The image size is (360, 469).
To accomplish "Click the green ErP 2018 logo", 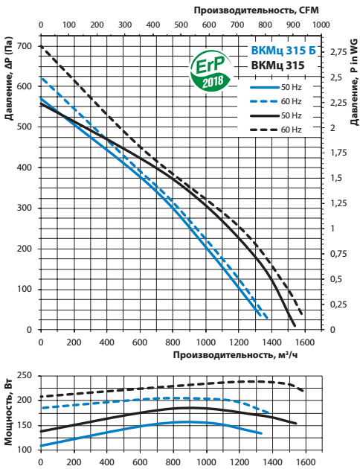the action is [211, 71].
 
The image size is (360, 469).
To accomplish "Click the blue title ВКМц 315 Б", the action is [283, 51].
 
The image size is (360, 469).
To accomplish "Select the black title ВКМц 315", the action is [278, 66].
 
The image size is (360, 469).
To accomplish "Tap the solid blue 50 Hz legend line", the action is [264, 87].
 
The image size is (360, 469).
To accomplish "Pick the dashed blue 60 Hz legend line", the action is [264, 101].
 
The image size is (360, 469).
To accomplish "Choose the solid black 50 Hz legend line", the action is [264, 115].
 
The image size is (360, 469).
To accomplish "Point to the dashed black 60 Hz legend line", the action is [264, 130].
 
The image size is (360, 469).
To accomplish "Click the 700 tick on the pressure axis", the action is [25, 46].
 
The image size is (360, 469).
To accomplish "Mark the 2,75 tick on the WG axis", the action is [338, 52].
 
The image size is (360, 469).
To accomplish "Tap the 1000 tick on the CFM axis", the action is [321, 25].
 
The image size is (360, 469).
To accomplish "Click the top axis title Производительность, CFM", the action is [257, 10].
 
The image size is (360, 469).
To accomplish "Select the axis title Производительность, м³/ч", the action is [236, 355].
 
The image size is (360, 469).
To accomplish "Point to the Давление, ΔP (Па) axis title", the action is [9, 78].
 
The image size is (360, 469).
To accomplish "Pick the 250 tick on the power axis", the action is [25, 375].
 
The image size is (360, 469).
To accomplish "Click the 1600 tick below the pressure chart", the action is [305, 342].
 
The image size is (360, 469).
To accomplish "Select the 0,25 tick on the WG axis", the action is [338, 304].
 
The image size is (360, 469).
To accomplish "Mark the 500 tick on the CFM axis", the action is [181, 25].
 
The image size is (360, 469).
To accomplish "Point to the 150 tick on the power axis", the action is [25, 425].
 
